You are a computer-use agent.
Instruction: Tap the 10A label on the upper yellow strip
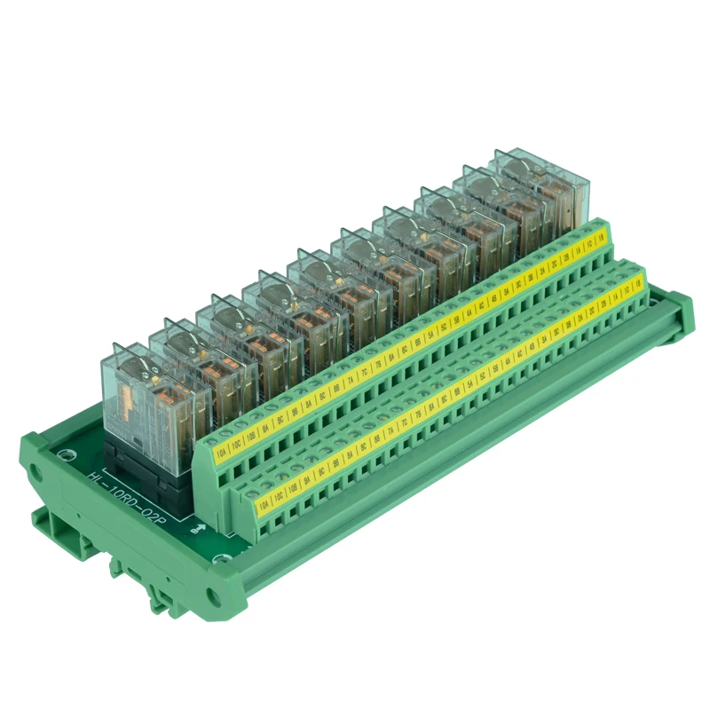pyautogui.click(x=220, y=458)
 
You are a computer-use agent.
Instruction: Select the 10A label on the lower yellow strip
pyautogui.click(x=264, y=504)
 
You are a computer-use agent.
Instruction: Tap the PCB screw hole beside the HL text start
pyautogui.click(x=67, y=454)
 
